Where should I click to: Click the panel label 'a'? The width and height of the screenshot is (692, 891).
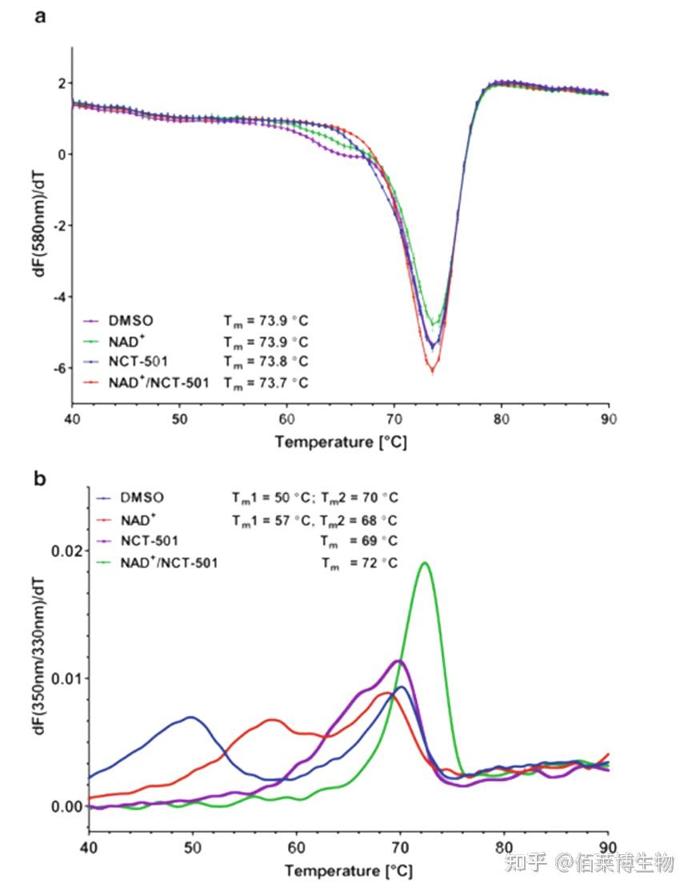[40, 18]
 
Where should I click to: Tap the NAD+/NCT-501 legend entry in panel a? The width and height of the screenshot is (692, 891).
[158, 383]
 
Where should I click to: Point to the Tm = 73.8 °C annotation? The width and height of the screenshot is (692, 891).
[265, 362]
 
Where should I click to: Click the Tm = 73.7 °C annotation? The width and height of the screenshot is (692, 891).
[265, 383]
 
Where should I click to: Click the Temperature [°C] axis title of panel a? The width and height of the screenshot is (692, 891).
[341, 442]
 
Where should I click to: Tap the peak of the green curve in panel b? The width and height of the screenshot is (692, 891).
[425, 563]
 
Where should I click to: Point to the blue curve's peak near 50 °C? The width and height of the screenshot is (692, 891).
[190, 717]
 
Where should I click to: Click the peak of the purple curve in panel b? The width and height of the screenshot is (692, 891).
[398, 661]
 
